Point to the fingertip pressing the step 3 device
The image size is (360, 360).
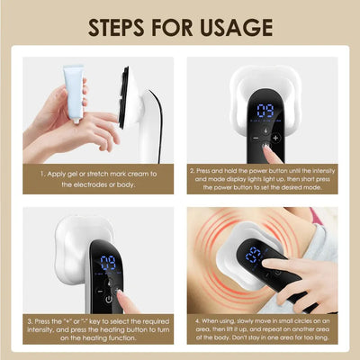click(121, 293)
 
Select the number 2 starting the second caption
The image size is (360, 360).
click(193, 168)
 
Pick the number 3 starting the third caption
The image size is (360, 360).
click(31, 320)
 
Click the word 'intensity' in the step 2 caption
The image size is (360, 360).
click(314, 168)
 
